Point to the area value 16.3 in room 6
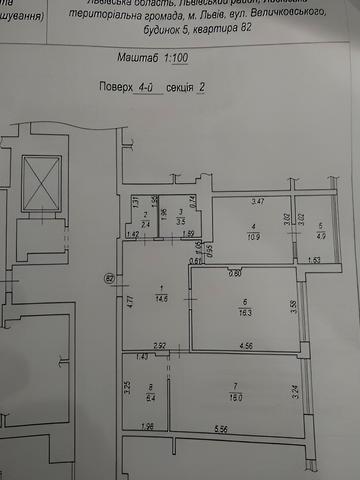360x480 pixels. click(x=243, y=312)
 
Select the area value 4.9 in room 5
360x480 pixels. click(x=321, y=236)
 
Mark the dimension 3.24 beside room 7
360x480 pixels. click(x=295, y=392)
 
